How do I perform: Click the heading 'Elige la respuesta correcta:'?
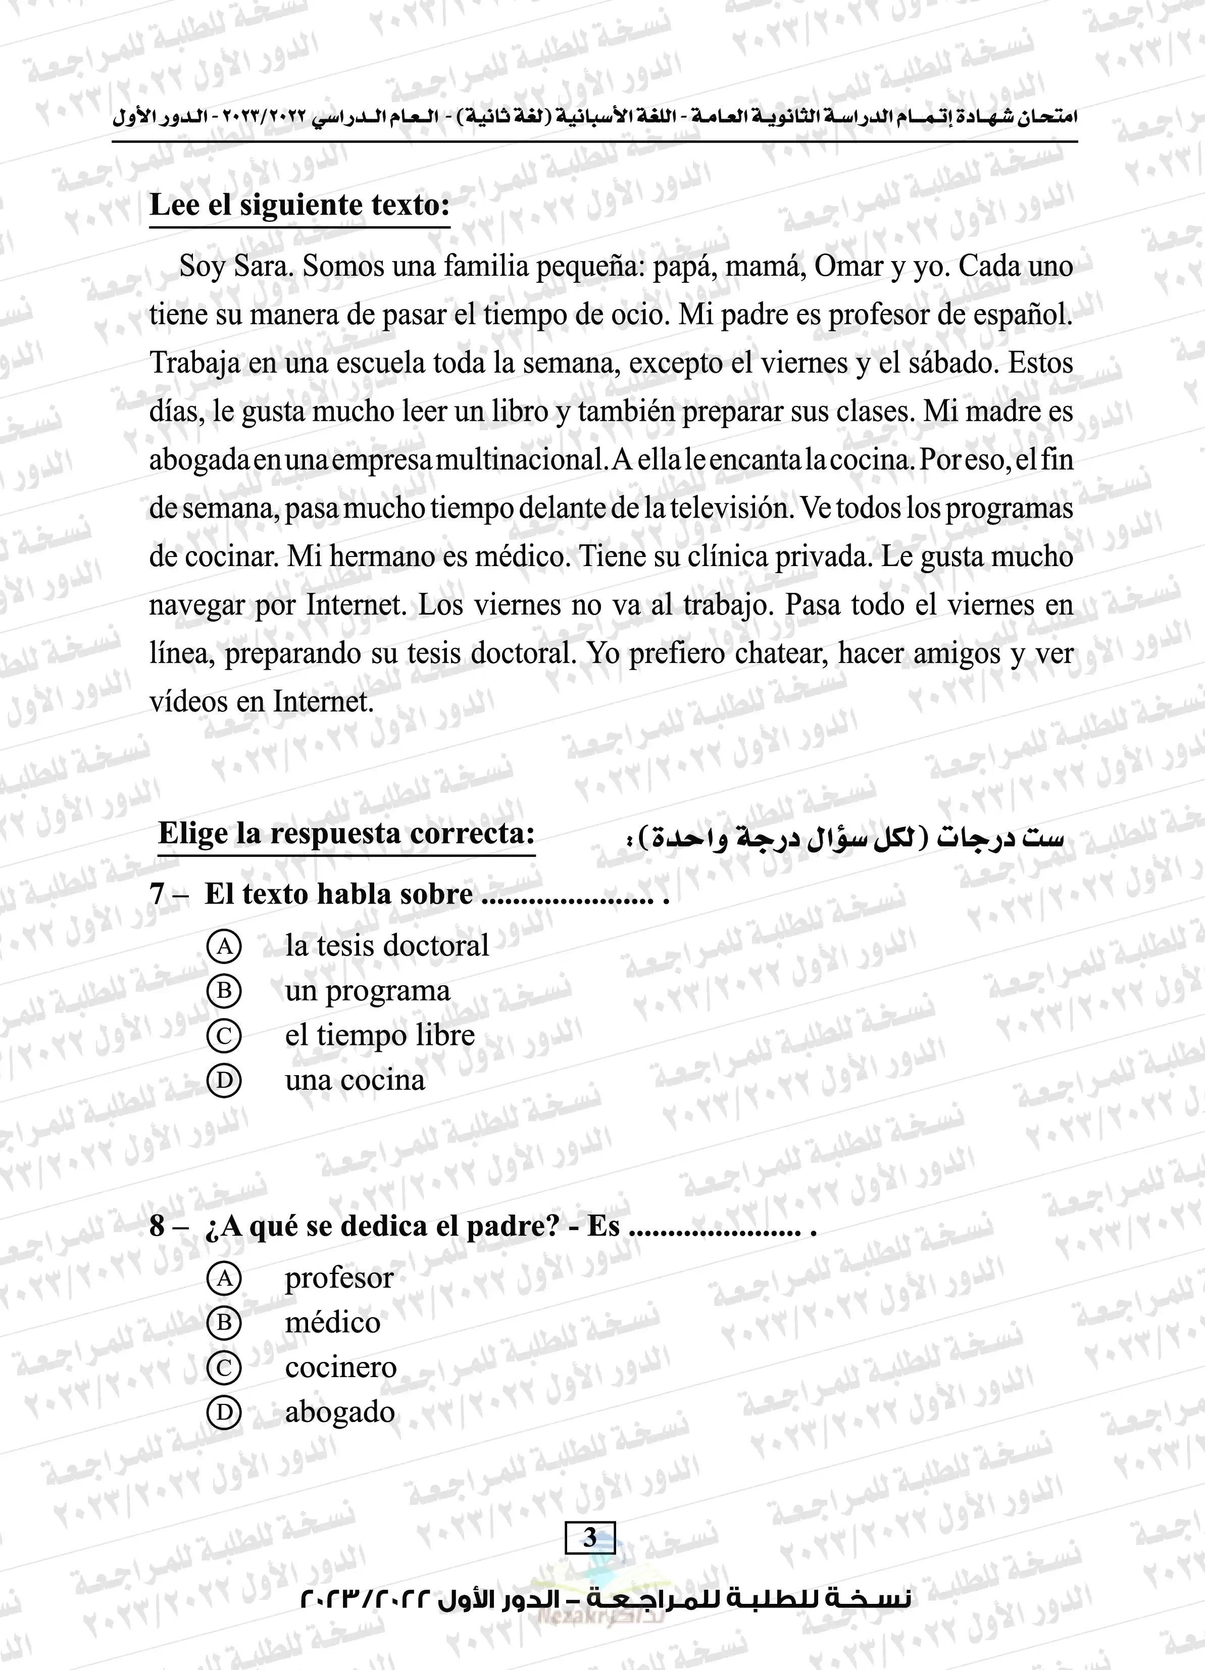[346, 834]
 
